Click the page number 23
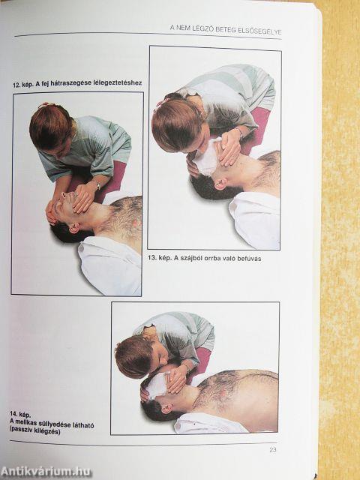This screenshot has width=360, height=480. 273,450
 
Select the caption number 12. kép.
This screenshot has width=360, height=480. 23,85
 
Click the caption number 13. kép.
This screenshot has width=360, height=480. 160,258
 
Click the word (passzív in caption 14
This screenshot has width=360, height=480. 20,432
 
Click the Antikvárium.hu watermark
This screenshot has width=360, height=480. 46,472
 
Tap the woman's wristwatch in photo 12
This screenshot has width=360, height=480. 97,185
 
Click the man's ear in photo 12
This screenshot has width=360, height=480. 73,228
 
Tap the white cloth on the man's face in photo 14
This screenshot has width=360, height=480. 157,385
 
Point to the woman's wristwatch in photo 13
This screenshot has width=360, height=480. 238,132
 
